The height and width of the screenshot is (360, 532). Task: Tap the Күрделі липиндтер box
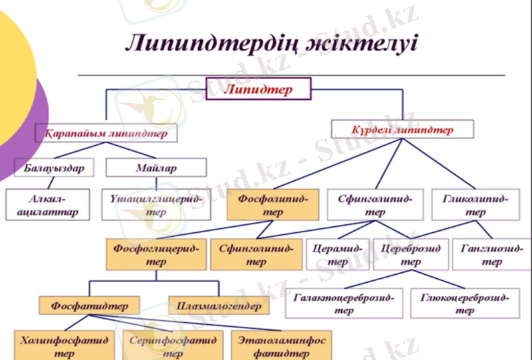point(403,130)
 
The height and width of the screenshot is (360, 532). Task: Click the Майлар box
point(156,168)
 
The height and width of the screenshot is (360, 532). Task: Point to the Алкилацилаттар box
point(49,206)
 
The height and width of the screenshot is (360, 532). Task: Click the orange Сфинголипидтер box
point(255,255)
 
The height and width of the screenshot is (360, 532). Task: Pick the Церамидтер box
point(337,255)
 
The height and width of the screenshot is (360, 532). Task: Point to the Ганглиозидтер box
point(491,255)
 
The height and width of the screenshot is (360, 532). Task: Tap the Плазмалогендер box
point(219,306)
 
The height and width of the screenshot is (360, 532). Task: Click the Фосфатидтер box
point(89,306)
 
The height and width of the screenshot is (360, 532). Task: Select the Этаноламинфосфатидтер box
point(281,346)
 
